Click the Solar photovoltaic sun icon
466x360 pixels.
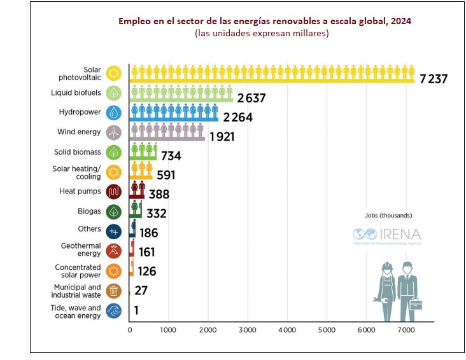(x=113, y=73)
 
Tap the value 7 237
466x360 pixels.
(x=434, y=79)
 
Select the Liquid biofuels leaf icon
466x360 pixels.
(x=113, y=93)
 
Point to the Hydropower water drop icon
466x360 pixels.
(x=113, y=113)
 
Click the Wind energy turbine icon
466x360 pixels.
(x=113, y=132)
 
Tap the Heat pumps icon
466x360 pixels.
(x=113, y=191)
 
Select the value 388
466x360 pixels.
(x=164, y=195)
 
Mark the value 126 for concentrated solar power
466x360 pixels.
(x=146, y=272)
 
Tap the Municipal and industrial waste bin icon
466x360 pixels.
(x=113, y=291)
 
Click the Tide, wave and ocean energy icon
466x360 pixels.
(x=113, y=311)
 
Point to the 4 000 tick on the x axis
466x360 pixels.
(x=287, y=330)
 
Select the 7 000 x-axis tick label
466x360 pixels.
(x=406, y=330)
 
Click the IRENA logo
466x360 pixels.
(x=388, y=235)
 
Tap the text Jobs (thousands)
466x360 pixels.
(x=388, y=215)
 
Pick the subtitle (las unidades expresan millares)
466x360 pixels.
(x=262, y=34)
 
